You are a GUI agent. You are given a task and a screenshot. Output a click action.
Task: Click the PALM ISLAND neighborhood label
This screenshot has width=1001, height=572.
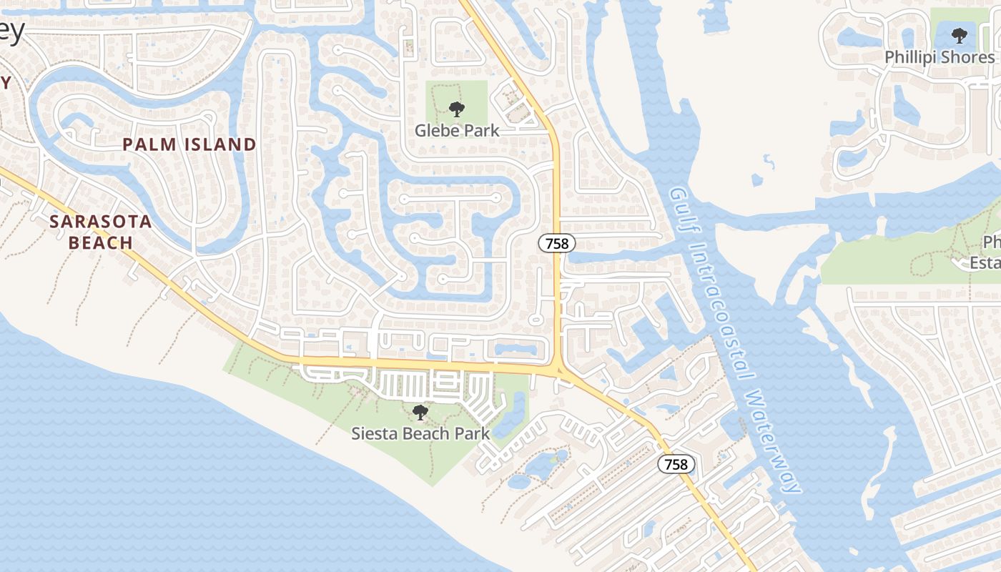[189, 144]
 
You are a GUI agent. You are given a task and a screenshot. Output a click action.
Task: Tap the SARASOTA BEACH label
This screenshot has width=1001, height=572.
[101, 232]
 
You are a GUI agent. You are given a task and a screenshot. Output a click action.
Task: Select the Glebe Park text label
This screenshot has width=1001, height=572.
[457, 131]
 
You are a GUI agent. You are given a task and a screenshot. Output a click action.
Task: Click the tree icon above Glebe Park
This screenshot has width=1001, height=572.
[457, 109]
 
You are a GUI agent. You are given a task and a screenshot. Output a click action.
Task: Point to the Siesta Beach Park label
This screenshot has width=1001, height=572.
[420, 433]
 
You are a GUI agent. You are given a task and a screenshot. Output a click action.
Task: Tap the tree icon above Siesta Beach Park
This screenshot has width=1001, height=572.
[420, 413]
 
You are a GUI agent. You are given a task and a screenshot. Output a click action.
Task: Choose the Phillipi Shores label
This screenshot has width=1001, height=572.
[940, 57]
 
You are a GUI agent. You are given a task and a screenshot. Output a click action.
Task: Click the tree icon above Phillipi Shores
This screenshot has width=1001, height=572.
[959, 35]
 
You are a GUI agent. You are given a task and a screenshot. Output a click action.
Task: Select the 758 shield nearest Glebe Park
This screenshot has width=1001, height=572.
[556, 244]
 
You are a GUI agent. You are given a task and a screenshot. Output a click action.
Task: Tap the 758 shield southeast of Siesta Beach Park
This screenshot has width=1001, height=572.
[676, 465]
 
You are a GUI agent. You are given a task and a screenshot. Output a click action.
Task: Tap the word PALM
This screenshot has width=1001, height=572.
[149, 144]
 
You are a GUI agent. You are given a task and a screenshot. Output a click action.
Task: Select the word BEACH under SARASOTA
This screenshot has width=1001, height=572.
[101, 242]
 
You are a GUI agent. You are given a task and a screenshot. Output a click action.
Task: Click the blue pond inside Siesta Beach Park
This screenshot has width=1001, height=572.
[510, 415]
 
